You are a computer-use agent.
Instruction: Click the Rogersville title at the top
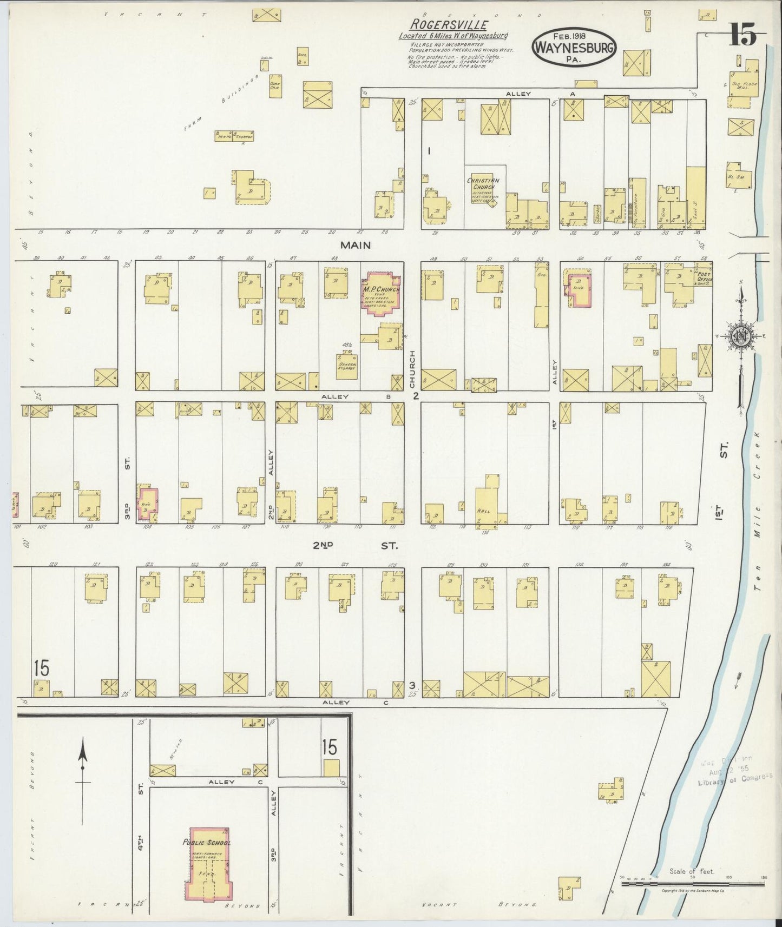pyautogui.click(x=449, y=25)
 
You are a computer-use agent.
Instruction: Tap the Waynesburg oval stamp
pyautogui.click(x=574, y=48)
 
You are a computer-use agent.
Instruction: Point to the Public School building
pyautogui.click(x=209, y=861)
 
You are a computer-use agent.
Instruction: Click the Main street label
pyautogui.click(x=355, y=245)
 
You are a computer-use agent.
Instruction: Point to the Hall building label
pyautogui.click(x=483, y=509)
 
